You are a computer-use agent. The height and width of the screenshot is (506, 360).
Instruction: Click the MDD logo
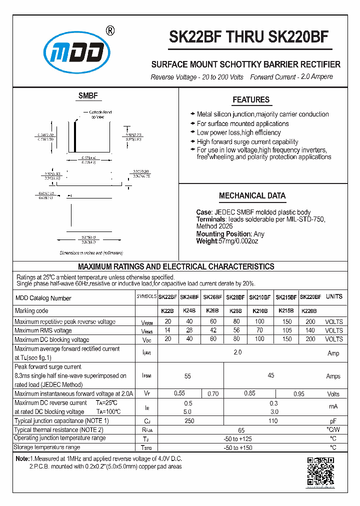(76, 50)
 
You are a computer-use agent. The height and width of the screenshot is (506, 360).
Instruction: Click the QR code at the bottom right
(320, 471)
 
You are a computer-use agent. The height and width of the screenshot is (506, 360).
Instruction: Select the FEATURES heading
(251, 100)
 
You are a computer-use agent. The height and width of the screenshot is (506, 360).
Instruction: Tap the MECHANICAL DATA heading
(252, 196)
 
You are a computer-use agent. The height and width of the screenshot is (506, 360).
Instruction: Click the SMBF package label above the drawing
(88, 96)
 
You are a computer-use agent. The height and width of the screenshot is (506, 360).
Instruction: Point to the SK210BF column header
(260, 297)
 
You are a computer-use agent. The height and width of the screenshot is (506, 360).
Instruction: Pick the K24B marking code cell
(189, 311)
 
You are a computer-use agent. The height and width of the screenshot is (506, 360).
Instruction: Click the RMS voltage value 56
(236, 330)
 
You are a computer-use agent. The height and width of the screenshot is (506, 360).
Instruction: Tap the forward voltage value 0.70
(212, 394)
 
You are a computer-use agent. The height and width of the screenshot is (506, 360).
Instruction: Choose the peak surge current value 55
(188, 375)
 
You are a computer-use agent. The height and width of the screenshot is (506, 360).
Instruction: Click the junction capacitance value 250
(189, 421)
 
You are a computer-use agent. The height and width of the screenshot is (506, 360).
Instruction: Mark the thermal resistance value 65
(241, 429)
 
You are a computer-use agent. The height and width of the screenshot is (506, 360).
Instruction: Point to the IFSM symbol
(146, 375)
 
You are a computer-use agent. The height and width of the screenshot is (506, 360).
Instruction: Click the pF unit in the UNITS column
(333, 421)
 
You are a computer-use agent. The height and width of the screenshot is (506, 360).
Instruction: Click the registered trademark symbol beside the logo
(110, 30)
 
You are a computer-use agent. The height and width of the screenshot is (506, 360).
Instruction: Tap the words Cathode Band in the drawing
(100, 112)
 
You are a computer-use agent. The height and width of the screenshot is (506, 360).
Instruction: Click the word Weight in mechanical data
(207, 241)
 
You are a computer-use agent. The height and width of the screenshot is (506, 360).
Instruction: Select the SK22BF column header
(168, 297)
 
